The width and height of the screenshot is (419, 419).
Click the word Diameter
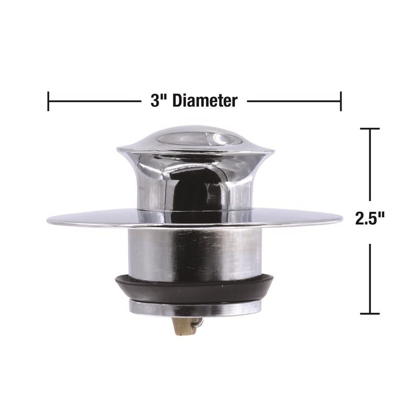pyautogui.click(x=205, y=101)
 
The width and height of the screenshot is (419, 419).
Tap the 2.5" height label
pyautogui.click(x=370, y=218)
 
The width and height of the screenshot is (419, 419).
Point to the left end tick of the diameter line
pyautogui.click(x=48, y=101)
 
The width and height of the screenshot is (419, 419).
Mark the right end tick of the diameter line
pyautogui.click(x=341, y=101)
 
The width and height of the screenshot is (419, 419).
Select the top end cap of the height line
pyautogui.click(x=370, y=129)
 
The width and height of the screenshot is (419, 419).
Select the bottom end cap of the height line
pyautogui.click(x=370, y=314)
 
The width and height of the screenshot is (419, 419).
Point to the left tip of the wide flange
pyautogui.click(x=49, y=220)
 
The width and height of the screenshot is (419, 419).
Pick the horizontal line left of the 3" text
pyautogui.click(x=94, y=101)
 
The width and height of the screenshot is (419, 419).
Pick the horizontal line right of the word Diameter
pyautogui.click(x=293, y=101)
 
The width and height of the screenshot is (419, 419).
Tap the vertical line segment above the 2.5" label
pyautogui.click(x=370, y=165)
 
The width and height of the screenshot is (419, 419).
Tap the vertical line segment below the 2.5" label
pyautogui.click(x=370, y=278)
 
